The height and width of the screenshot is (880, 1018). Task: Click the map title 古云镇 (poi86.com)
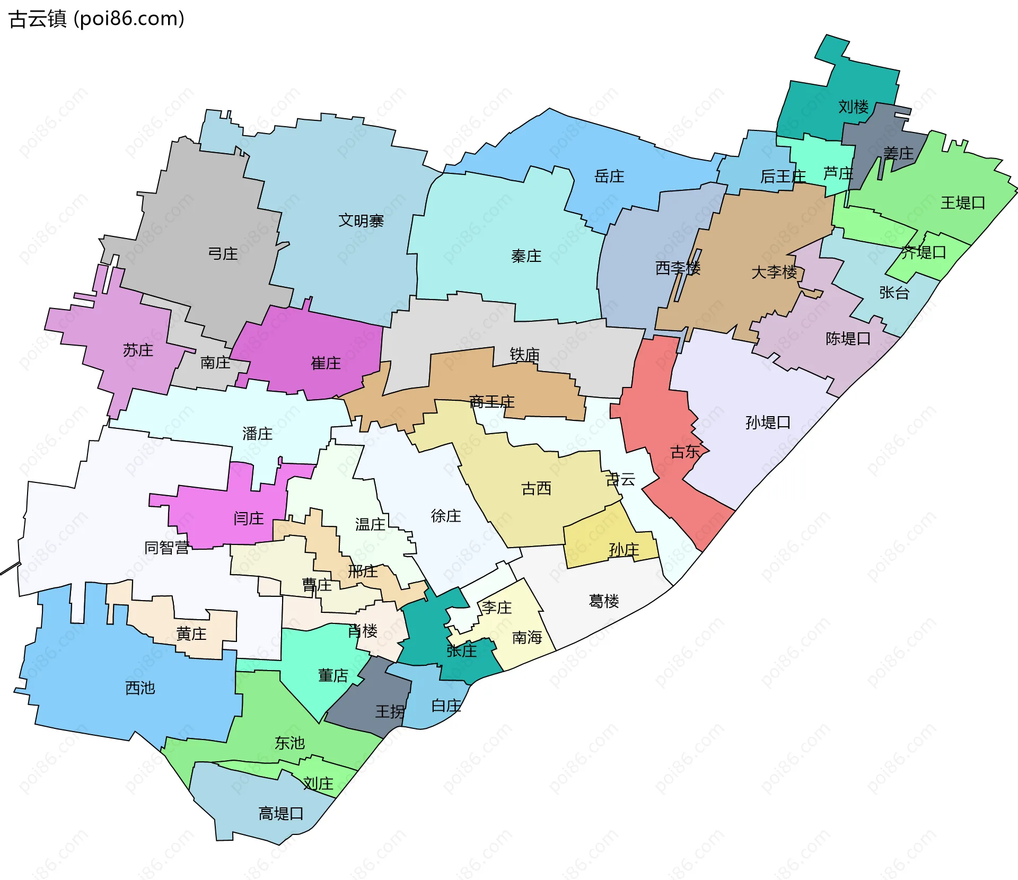97,19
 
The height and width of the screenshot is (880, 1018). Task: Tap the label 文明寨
361,221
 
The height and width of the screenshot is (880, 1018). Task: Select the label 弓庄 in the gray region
223,254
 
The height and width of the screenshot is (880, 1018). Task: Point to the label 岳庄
609,176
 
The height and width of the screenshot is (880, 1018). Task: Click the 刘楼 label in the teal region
853,107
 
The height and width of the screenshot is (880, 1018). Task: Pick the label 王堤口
963,203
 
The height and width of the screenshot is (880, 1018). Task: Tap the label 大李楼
774,272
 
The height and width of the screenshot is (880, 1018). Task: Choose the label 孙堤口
768,423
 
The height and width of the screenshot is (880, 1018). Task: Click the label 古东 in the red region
686,452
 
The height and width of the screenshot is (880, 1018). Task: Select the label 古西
536,488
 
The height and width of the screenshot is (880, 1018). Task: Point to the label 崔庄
326,363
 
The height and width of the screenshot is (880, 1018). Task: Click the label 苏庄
138,350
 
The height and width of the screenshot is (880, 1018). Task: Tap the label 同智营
166,548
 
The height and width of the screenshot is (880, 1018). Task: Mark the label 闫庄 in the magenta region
249,518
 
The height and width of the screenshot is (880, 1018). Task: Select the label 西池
140,688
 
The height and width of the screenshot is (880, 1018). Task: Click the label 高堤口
281,813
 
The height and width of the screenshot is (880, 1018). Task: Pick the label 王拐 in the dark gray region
390,711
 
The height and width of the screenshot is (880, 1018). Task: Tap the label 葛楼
604,601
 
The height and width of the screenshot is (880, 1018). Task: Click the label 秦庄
526,256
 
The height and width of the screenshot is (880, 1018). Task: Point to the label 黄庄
191,633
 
